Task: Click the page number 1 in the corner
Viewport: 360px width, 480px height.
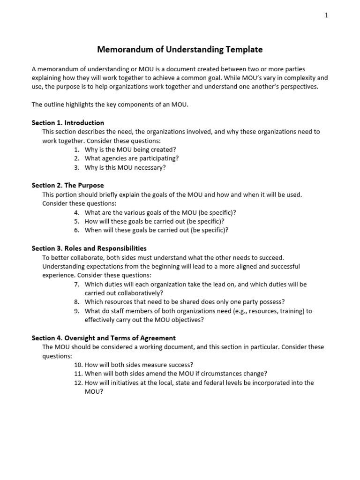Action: click(x=326, y=15)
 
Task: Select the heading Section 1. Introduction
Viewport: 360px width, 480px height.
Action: click(x=67, y=123)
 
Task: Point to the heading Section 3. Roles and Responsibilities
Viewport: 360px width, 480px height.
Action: click(x=89, y=248)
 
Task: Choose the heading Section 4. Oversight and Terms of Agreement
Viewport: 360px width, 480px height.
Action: click(x=104, y=337)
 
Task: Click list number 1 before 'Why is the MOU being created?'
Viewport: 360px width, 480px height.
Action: click(x=77, y=150)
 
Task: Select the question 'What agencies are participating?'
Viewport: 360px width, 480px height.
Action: click(x=132, y=158)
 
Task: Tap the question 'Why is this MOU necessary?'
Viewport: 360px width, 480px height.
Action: click(x=125, y=167)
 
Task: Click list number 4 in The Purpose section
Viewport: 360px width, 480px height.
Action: click(x=77, y=212)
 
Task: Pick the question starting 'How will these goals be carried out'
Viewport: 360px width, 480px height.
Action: click(x=155, y=221)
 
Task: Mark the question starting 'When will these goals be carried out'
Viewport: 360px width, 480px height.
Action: click(x=157, y=230)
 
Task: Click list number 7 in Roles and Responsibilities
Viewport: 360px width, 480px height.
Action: click(x=77, y=284)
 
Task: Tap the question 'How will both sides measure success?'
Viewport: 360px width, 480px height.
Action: click(x=139, y=365)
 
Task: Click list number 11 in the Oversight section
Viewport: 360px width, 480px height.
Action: click(x=78, y=374)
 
